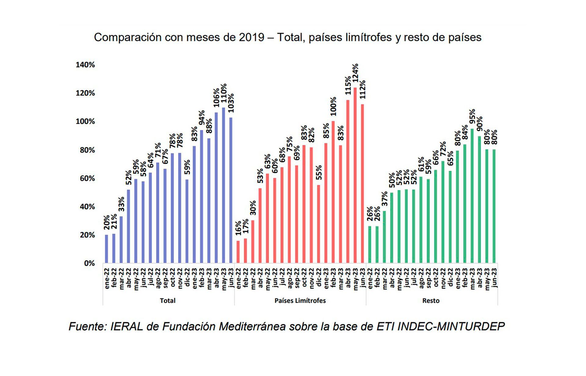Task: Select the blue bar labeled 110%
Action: tap(223, 185)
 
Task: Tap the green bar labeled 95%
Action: tap(472, 196)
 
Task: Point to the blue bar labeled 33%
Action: tap(121, 239)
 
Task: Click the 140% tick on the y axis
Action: tap(85, 65)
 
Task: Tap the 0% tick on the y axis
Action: tap(89, 263)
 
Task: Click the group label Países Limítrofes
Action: tap(300, 301)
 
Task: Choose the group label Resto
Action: tap(431, 301)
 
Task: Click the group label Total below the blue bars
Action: tap(168, 301)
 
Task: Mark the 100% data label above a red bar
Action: tap(333, 106)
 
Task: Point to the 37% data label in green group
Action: tap(385, 199)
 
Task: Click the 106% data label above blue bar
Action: tap(216, 98)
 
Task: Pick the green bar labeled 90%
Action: tap(479, 199)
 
